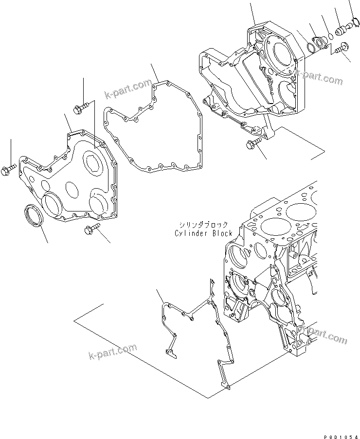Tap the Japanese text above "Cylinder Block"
[x=203, y=225]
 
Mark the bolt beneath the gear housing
[x=253, y=143]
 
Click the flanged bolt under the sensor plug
[x=341, y=49]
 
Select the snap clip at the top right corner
[x=354, y=22]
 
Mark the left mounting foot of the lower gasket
[x=168, y=353]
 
